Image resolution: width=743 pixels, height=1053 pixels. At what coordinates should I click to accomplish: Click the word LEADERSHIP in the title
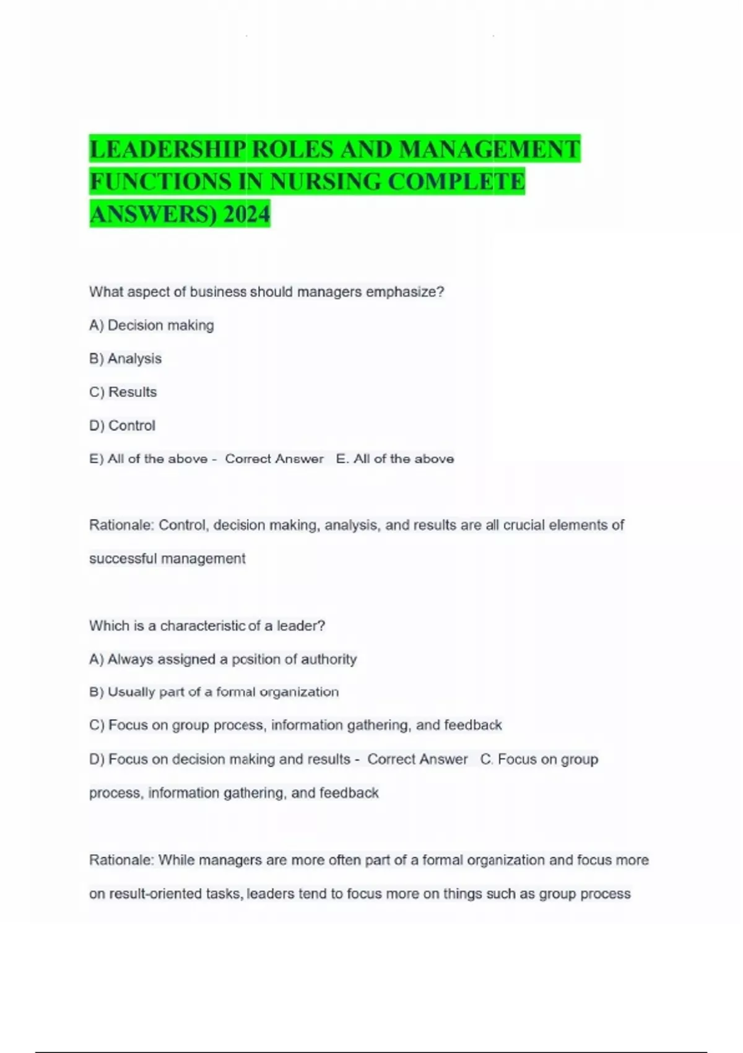[x=168, y=149]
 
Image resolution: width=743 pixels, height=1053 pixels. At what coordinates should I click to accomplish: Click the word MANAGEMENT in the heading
[x=489, y=149]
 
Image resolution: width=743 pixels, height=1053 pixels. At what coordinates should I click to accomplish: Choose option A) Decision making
[x=152, y=325]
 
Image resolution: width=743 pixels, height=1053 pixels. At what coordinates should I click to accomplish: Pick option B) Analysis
[x=126, y=359]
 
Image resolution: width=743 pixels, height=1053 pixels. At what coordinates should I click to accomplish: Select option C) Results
[x=123, y=392]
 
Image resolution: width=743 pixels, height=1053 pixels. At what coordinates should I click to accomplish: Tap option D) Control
[x=123, y=426]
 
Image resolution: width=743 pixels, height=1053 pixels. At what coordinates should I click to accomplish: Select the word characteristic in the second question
[x=202, y=626]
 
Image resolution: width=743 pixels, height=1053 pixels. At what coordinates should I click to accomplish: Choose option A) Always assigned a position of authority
[x=223, y=659]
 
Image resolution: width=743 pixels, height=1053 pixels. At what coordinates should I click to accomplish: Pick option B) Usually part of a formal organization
[x=214, y=692]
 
